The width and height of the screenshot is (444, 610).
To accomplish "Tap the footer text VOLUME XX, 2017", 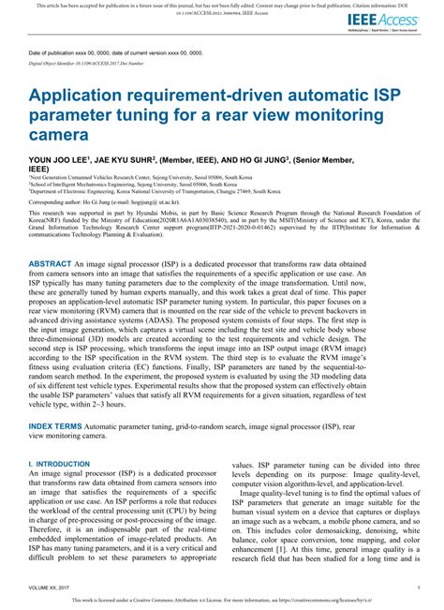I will (x=52, y=588).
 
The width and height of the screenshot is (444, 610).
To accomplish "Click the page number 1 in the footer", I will (x=416, y=588).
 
